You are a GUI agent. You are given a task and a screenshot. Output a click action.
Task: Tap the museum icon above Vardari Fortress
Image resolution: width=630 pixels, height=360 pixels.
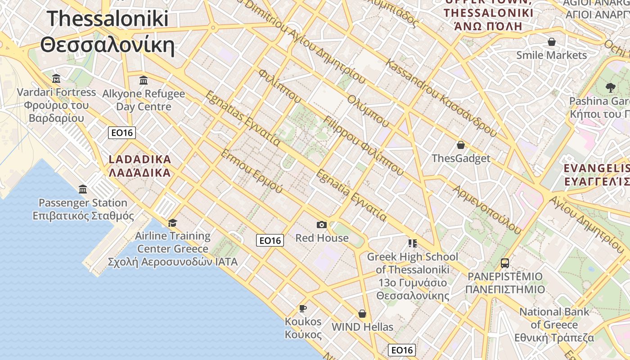tap(56, 79)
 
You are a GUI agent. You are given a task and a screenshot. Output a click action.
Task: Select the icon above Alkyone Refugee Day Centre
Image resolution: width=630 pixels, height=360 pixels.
tap(144, 81)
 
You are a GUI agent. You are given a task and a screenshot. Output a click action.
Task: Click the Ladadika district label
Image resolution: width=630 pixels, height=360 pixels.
tap(140, 166)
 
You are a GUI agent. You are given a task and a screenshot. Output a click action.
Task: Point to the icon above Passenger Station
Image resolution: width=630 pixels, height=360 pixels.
tap(83, 189)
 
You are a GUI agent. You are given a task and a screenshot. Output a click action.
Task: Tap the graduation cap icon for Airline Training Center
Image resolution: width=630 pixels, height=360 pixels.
tap(172, 223)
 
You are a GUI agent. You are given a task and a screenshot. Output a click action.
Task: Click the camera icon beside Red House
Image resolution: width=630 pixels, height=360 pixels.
tap(321, 225)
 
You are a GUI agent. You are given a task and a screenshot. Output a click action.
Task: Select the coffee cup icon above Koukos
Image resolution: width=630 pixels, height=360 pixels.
tap(303, 308)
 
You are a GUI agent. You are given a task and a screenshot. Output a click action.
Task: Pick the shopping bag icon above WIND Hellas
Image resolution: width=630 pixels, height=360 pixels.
tap(362, 314)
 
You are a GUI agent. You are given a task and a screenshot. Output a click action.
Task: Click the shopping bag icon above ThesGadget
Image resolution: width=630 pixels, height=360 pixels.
tap(460, 145)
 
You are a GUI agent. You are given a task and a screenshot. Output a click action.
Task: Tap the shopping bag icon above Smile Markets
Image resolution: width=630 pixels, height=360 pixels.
tap(551, 42)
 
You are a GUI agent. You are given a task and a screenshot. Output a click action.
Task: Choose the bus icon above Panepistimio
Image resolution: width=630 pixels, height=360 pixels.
tap(505, 263)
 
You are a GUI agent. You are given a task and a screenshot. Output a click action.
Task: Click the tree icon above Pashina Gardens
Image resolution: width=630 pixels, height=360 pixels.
tap(611, 87)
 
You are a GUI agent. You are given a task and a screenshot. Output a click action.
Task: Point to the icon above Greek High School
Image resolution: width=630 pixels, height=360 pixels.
tap(412, 243)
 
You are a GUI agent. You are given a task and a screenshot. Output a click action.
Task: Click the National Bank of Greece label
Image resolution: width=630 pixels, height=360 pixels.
tap(554, 324)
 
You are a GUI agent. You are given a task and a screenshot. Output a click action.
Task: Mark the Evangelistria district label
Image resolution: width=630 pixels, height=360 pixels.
tap(597, 175)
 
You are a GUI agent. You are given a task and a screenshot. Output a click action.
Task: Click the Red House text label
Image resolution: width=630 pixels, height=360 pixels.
tap(322, 238)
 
